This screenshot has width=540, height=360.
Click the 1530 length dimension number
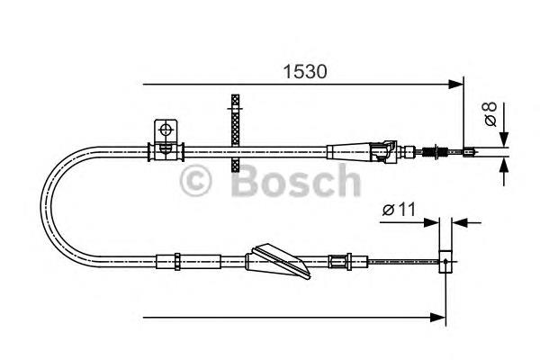(305, 72)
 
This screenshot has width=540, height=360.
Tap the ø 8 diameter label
(490, 114)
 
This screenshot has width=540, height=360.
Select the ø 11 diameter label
(399, 209)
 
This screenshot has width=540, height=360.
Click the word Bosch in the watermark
(296, 181)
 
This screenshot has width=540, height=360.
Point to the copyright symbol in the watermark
(195, 181)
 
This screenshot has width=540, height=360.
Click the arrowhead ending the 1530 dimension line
(456, 84)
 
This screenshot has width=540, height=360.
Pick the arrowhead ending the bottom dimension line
(438, 318)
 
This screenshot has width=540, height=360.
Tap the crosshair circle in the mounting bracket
(166, 130)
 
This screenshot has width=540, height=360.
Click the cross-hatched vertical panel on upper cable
(236, 133)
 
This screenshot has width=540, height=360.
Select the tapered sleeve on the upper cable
(348, 152)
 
